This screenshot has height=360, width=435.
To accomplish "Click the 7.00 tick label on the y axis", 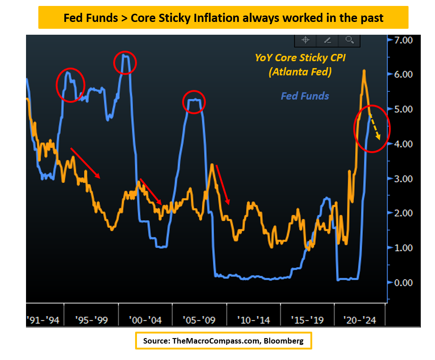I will [x=403, y=40].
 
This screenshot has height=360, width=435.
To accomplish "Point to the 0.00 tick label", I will [x=403, y=282].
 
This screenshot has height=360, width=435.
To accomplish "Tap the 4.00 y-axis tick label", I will [x=403, y=144].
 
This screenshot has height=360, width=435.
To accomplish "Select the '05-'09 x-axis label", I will [x=199, y=320].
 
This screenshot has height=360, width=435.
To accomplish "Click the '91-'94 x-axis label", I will [x=43, y=320].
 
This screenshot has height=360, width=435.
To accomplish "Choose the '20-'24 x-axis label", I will [x=360, y=320].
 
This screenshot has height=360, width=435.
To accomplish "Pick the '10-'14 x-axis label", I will [x=252, y=320].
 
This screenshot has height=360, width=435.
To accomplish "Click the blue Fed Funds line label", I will [x=304, y=96].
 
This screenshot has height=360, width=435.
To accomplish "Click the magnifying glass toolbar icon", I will [x=350, y=40].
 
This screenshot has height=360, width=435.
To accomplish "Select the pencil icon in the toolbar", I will [x=327, y=40].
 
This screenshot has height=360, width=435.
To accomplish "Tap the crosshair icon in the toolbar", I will [x=305, y=40].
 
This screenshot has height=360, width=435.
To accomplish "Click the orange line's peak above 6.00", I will [x=364, y=71].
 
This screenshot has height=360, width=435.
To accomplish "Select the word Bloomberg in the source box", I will [x=283, y=341].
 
